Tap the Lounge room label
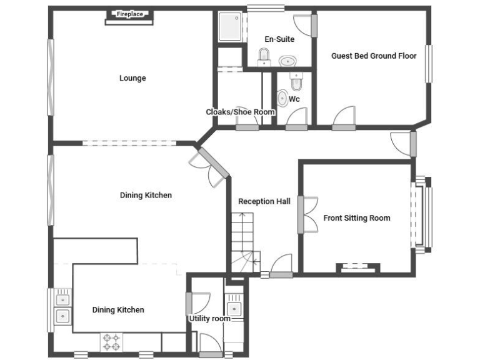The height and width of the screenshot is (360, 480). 132,78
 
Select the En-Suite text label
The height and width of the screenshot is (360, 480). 279,39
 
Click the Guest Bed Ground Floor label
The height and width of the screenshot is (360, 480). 374,56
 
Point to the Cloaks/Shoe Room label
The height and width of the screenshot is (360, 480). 241,112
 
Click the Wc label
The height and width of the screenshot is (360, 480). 294,99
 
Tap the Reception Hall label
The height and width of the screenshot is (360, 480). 264,201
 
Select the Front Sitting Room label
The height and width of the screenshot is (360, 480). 357,218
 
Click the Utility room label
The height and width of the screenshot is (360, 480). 210,319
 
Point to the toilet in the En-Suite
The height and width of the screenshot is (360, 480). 264,58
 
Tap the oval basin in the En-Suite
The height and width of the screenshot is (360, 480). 287,61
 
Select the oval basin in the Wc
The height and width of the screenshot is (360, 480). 282,98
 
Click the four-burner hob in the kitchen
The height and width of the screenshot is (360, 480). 111,342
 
